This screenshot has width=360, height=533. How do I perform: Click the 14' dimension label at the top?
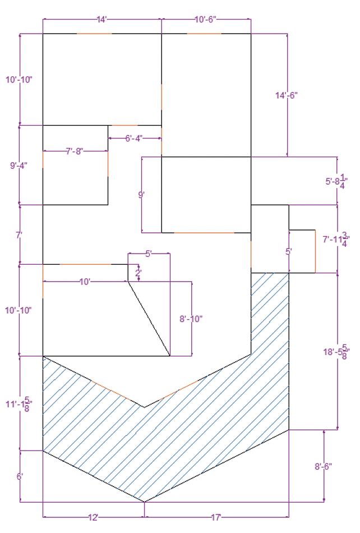[102, 20]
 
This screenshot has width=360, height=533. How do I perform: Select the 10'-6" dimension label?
[206, 20]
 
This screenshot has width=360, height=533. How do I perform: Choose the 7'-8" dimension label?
[75, 151]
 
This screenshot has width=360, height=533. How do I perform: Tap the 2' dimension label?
[139, 273]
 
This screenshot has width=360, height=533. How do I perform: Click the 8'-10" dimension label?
[191, 319]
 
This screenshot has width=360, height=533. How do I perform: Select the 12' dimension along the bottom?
[94, 517]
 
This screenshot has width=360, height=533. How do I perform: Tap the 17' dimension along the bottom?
[216, 517]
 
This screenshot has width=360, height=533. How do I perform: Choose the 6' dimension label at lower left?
[20, 476]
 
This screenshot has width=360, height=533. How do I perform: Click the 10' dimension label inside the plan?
[85, 282]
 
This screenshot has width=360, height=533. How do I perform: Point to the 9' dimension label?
[142, 195]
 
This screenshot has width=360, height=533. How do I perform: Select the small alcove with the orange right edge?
[302, 251]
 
